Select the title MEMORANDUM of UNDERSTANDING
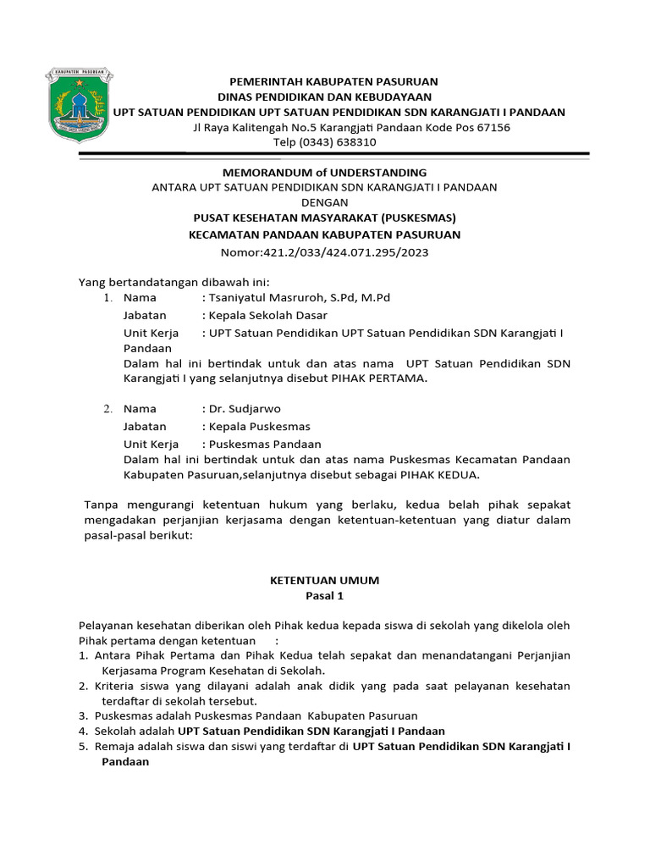tap(324, 172)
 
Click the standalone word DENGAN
tap(324, 202)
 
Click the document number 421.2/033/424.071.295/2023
tap(324, 251)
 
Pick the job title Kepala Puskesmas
tap(259, 426)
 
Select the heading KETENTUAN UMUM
tap(324, 580)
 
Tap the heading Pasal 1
tap(324, 596)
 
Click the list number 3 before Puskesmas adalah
tap(83, 715)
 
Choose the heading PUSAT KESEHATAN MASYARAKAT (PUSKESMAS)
tap(324, 218)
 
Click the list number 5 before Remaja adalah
tap(83, 746)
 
